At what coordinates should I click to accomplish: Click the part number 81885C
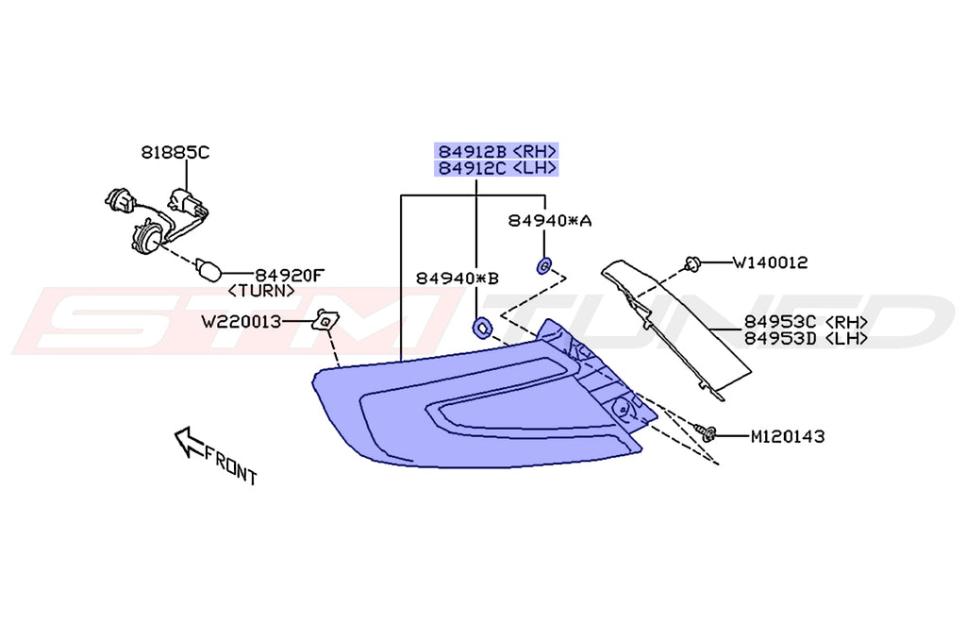175,151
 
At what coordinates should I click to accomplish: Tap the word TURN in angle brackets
262,291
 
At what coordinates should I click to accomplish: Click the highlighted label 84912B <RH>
496,151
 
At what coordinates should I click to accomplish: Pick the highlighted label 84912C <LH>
496,169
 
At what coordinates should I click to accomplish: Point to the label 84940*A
550,220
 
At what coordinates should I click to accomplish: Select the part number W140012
770,262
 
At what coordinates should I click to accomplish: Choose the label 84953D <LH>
806,339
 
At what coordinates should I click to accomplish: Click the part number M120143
787,436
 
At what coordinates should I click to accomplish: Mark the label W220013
241,322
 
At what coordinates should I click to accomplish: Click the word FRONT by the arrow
231,465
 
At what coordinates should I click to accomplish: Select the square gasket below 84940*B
481,327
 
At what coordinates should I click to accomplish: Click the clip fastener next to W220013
325,321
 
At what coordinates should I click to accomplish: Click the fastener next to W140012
692,265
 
